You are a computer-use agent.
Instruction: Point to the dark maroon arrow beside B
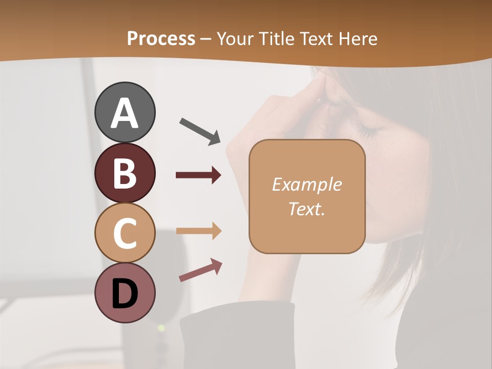198,175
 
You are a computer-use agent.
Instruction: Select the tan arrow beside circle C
198,231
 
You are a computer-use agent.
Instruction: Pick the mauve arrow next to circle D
200,270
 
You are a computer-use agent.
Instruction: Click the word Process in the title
161,38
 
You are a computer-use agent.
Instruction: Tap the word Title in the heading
276,38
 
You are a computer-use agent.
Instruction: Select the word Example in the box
306,184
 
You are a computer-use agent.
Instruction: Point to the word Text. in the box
306,209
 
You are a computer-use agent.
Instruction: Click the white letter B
125,173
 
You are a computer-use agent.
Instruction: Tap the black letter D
125,294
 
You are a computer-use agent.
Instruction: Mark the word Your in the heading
237,38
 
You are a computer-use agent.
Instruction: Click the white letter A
125,113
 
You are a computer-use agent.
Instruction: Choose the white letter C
125,233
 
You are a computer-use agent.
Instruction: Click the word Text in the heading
316,38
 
